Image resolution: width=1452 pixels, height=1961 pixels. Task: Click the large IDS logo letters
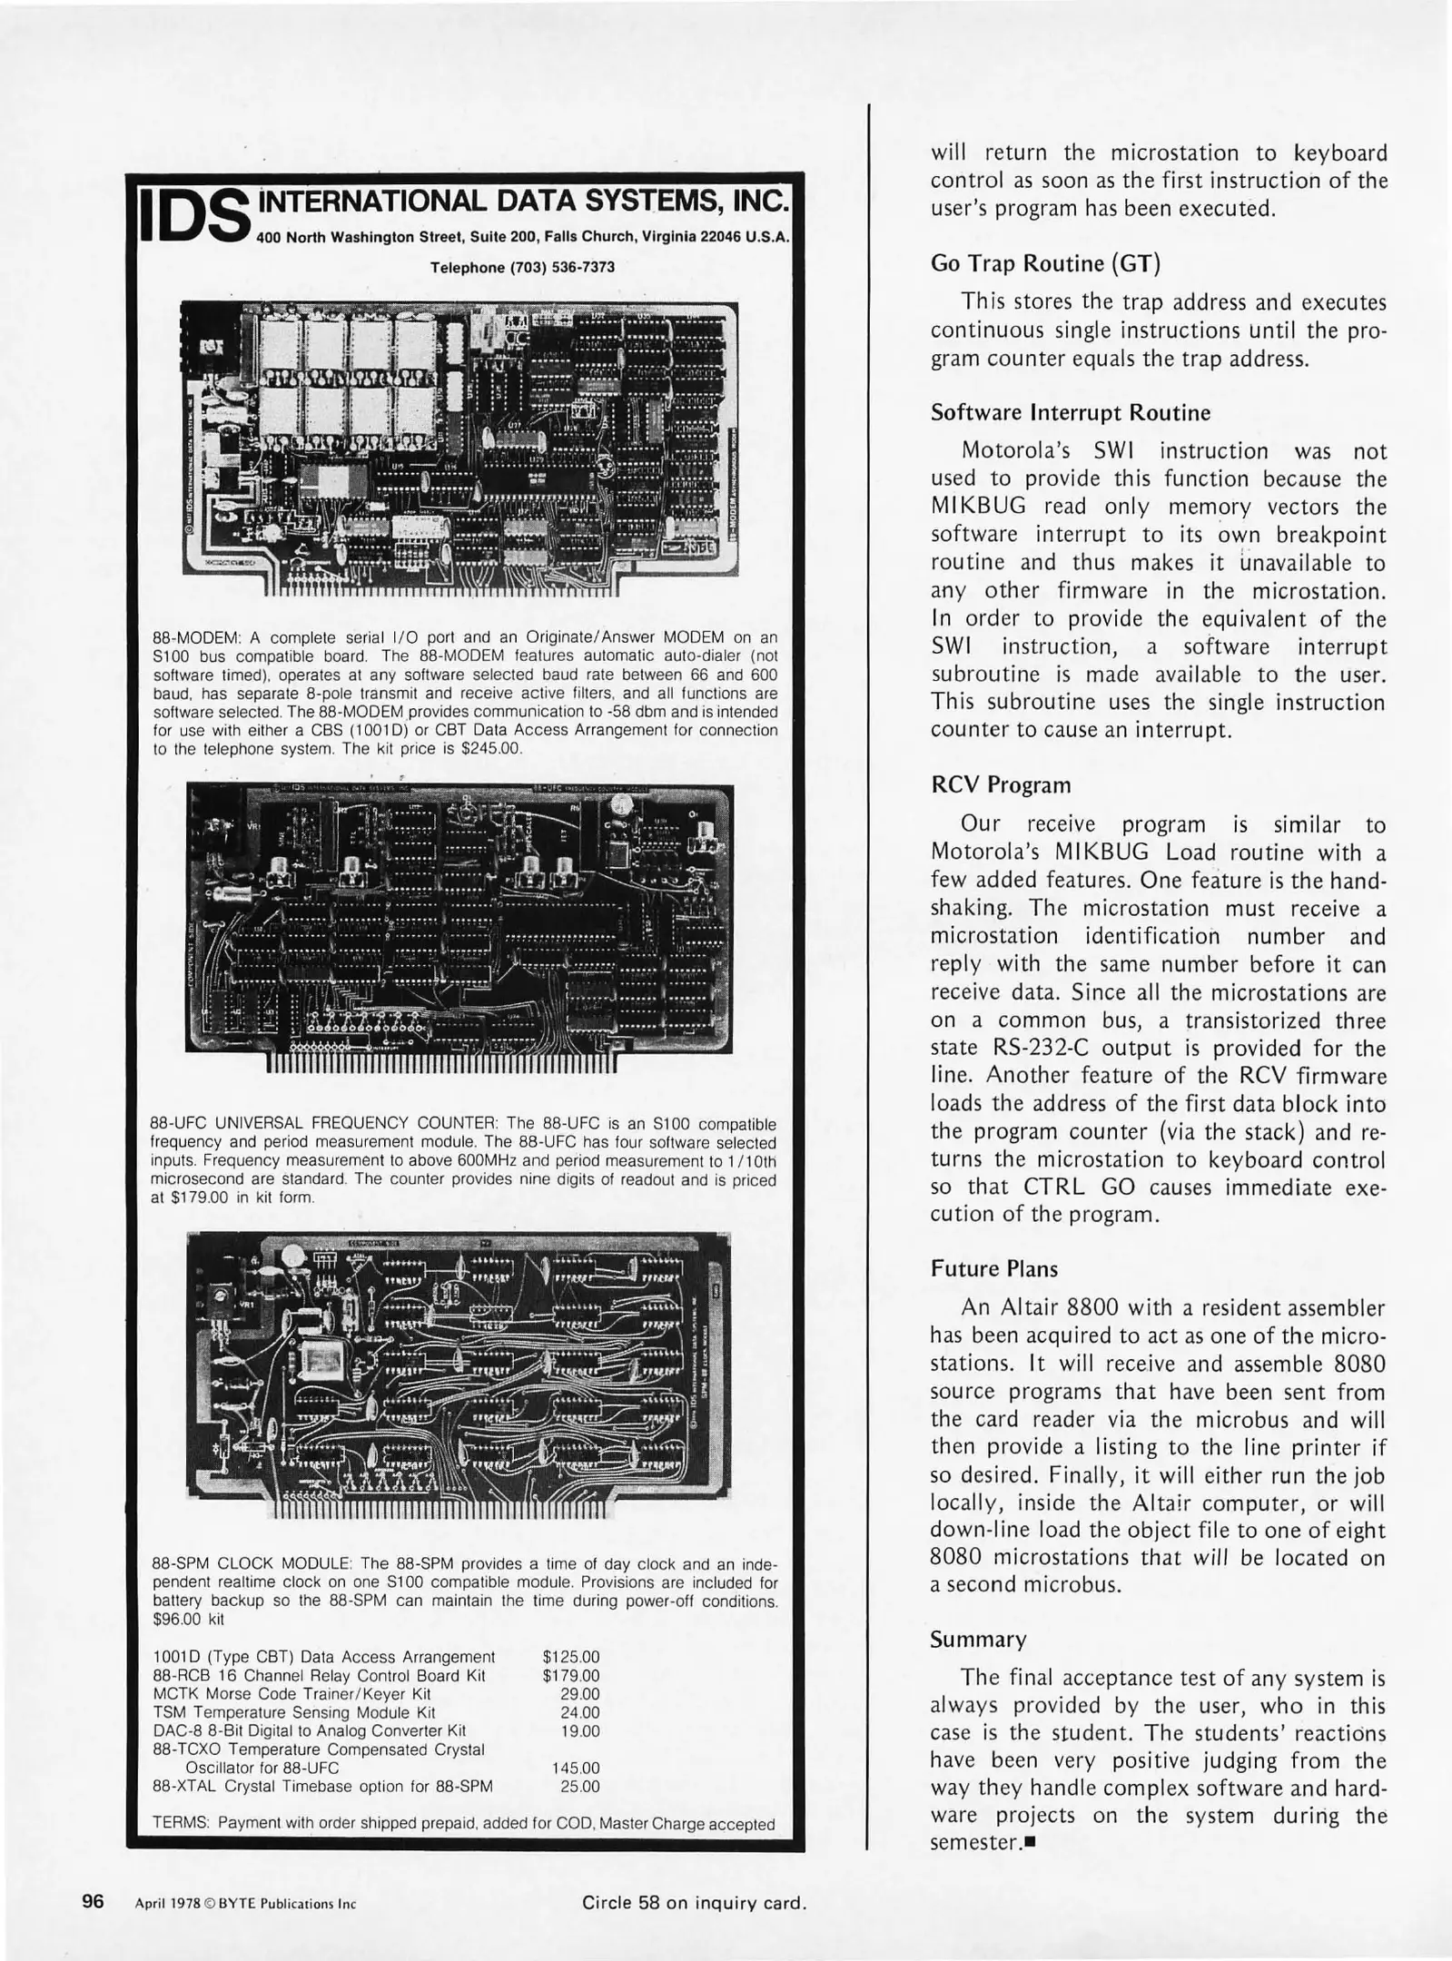(x=193, y=219)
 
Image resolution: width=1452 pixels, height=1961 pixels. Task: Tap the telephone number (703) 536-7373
(x=522, y=268)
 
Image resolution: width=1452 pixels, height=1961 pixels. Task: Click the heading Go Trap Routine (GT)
(x=1045, y=263)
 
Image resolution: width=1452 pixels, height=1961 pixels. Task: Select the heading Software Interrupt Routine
(x=1070, y=413)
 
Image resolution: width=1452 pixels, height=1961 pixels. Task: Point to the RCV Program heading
(x=1000, y=785)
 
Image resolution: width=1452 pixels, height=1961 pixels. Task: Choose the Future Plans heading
(x=993, y=1269)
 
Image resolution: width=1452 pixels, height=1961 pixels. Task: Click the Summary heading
(x=978, y=1640)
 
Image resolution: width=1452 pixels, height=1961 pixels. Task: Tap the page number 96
(x=94, y=1901)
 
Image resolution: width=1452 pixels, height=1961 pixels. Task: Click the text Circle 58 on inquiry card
(x=694, y=1902)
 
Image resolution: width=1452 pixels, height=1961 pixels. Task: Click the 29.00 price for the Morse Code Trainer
(x=580, y=1694)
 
